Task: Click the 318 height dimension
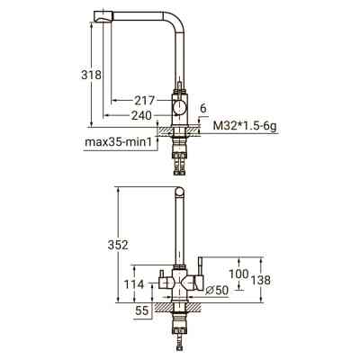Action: point(92,75)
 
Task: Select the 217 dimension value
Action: point(144,101)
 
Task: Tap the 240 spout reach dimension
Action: point(141,116)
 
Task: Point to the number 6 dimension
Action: point(203,108)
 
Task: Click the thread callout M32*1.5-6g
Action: point(245,126)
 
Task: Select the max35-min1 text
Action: point(121,141)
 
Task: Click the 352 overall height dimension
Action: point(118,245)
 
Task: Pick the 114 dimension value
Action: point(134,284)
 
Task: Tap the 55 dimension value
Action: point(142,310)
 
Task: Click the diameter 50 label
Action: point(218,290)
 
